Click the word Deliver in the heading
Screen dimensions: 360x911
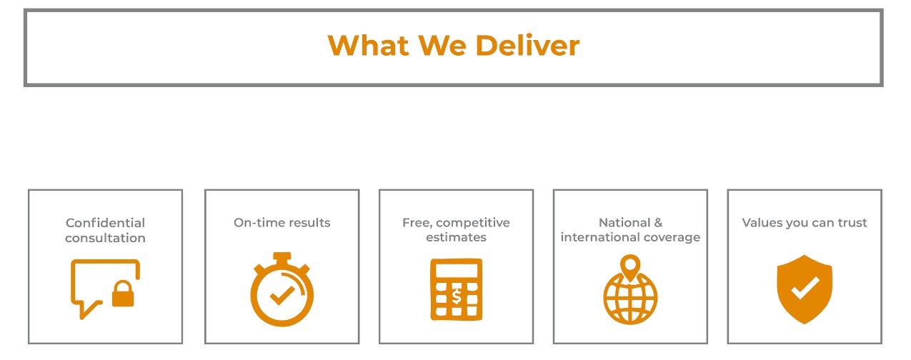[x=527, y=46]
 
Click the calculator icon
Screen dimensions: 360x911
[x=456, y=289]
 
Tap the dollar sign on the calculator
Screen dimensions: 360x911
[x=456, y=295]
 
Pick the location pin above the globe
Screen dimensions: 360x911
[x=630, y=268]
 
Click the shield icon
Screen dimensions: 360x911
[x=805, y=289]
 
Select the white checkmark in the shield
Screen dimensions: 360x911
[x=805, y=289]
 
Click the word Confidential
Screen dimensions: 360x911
[x=105, y=223]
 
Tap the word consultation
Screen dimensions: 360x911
[x=105, y=238]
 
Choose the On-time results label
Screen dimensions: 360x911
[x=282, y=223]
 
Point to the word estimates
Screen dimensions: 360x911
[x=456, y=238]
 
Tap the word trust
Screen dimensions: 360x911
[x=852, y=223]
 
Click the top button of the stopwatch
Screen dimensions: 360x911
[x=282, y=256]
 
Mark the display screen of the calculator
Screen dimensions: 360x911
[x=456, y=271]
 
